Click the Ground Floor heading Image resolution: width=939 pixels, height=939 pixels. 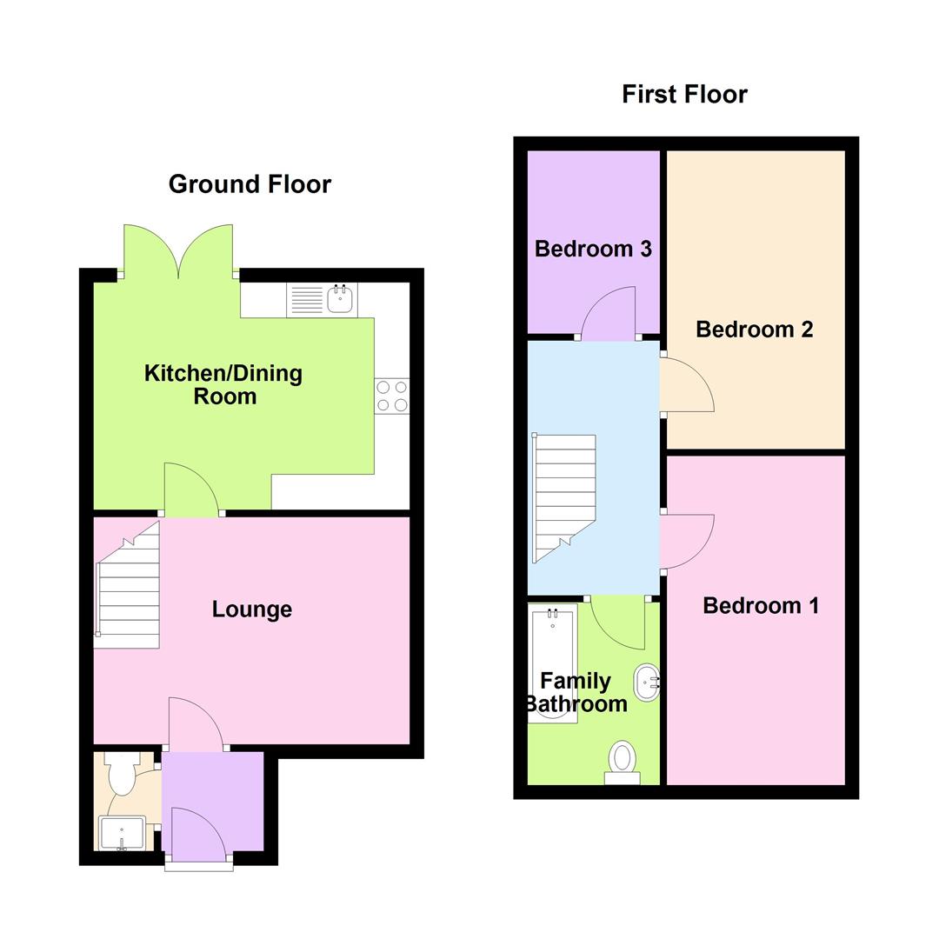click(250, 184)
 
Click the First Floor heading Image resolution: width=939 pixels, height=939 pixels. click(684, 94)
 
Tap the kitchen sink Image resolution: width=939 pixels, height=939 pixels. click(340, 300)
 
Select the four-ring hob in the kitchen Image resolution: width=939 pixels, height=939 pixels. click(392, 396)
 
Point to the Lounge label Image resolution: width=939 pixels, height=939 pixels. click(251, 609)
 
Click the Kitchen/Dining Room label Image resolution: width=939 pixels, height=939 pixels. click(223, 385)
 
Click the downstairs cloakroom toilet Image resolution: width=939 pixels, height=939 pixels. click(121, 772)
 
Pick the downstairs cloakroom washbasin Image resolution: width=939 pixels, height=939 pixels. click(121, 833)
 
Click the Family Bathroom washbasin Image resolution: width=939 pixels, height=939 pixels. click(647, 683)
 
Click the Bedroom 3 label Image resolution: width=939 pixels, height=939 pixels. click(593, 250)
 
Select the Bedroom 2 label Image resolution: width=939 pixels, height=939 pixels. click(754, 330)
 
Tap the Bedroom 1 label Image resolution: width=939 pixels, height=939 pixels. click(760, 606)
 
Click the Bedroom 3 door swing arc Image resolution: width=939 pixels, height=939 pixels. click(609, 313)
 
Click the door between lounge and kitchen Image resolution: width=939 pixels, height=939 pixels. click(191, 489)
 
